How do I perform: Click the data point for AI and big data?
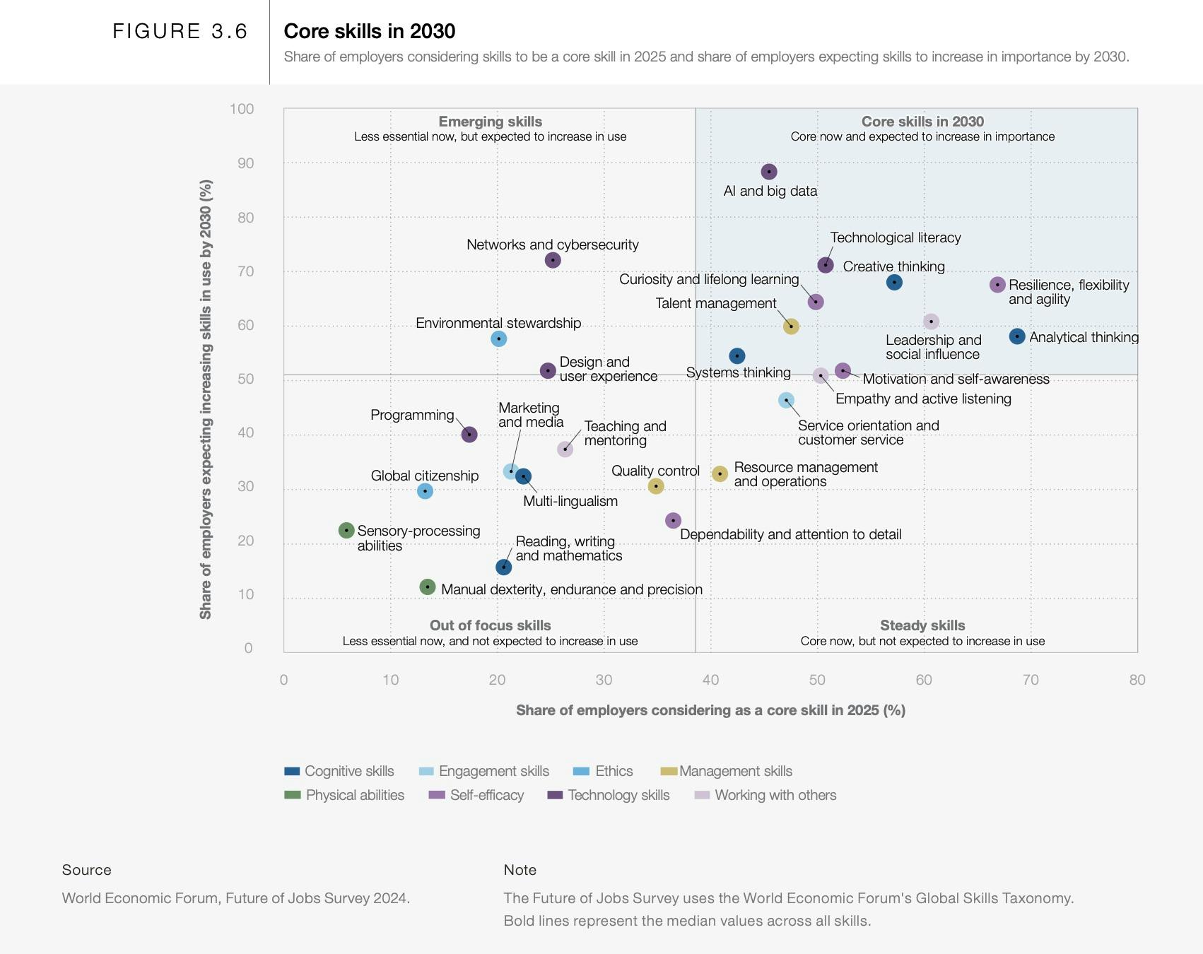(x=769, y=172)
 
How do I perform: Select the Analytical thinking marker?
(x=1017, y=336)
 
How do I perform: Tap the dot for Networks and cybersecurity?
(x=553, y=260)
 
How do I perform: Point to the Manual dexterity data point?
(x=427, y=587)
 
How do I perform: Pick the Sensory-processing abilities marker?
(x=346, y=530)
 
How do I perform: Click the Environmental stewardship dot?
(x=498, y=338)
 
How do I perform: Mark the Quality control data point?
(x=656, y=485)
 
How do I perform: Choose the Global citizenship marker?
(x=425, y=490)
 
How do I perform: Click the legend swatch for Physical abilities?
(x=292, y=795)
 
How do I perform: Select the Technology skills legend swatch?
(x=555, y=795)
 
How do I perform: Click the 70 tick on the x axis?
(x=1031, y=680)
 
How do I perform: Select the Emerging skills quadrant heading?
(x=490, y=122)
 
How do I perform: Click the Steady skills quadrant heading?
(x=922, y=625)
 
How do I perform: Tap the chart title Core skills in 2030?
(x=369, y=31)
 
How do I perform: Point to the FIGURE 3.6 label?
(x=180, y=31)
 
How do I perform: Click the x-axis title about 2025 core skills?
(x=710, y=710)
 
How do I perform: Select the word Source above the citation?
(x=86, y=870)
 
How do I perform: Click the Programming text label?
(x=412, y=415)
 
